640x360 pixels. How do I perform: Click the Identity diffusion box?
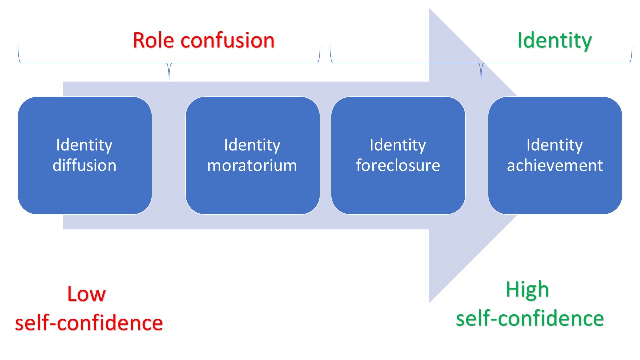click(x=85, y=155)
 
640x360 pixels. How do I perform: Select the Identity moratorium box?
click(x=252, y=155)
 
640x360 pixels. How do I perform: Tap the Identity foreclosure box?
click(x=398, y=155)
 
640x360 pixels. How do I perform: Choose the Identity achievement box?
click(x=555, y=155)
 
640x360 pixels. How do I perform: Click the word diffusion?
click(x=85, y=165)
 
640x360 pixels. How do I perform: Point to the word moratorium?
click(x=252, y=165)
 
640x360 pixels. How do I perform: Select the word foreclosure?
click(x=398, y=165)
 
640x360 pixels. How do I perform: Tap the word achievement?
click(x=555, y=165)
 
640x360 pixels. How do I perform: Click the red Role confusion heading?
click(x=204, y=40)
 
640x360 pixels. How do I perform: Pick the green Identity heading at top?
click(x=554, y=40)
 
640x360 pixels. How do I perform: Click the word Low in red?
click(x=87, y=294)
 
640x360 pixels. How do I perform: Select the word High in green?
click(x=527, y=290)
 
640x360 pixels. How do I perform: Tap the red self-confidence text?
click(x=89, y=323)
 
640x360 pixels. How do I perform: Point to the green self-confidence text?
click(x=530, y=318)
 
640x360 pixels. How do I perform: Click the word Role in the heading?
click(x=154, y=40)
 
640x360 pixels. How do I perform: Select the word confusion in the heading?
click(x=228, y=40)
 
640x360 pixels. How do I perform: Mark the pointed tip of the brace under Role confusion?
click(x=169, y=79)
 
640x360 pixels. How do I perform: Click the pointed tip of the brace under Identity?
click(x=481, y=79)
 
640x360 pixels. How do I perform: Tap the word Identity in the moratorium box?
click(x=252, y=145)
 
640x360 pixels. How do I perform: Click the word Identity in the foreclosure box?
click(x=398, y=145)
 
